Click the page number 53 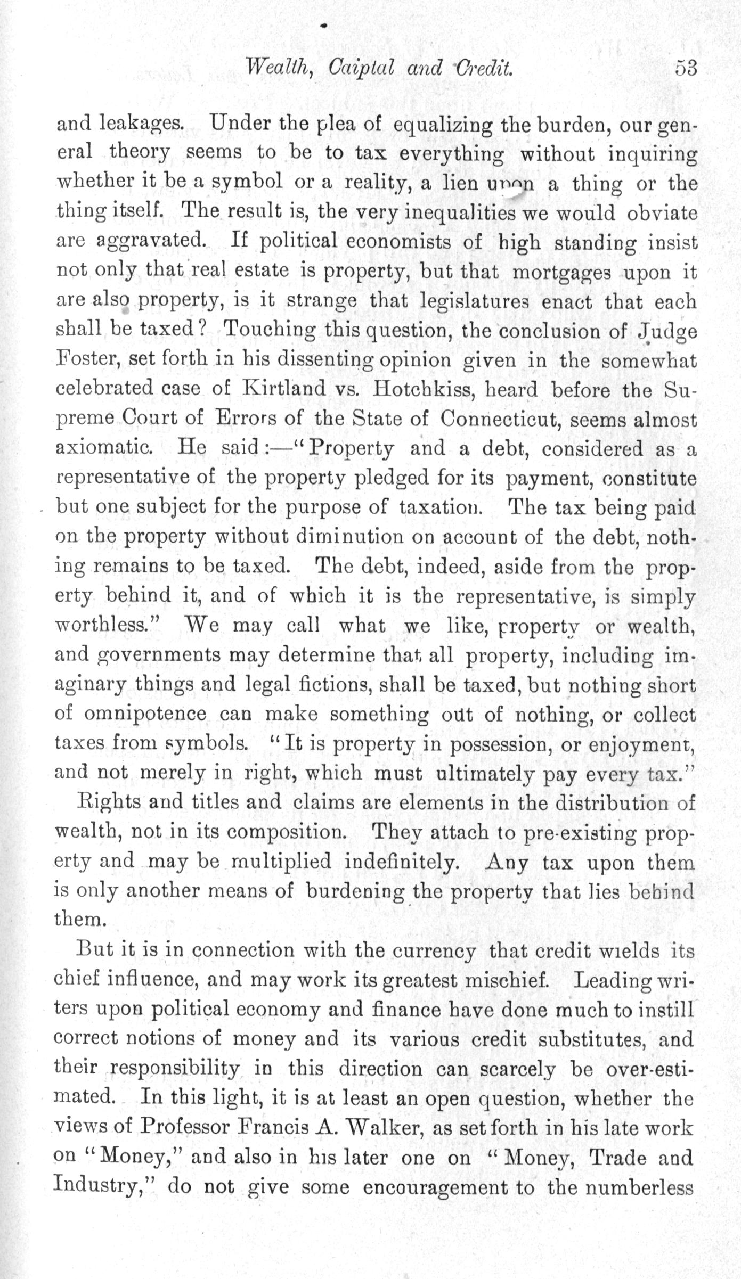point(686,69)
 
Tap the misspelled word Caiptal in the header point(362,69)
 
